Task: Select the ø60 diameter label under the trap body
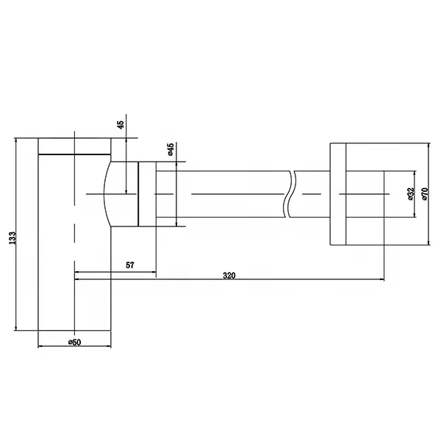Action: pyautogui.click(x=73, y=342)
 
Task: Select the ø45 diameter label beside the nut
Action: pyautogui.click(x=171, y=151)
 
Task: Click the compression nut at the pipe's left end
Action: pyautogui.click(x=147, y=194)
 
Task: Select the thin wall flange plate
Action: pyautogui.click(x=337, y=194)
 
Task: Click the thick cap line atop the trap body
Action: pyautogui.click(x=73, y=154)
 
